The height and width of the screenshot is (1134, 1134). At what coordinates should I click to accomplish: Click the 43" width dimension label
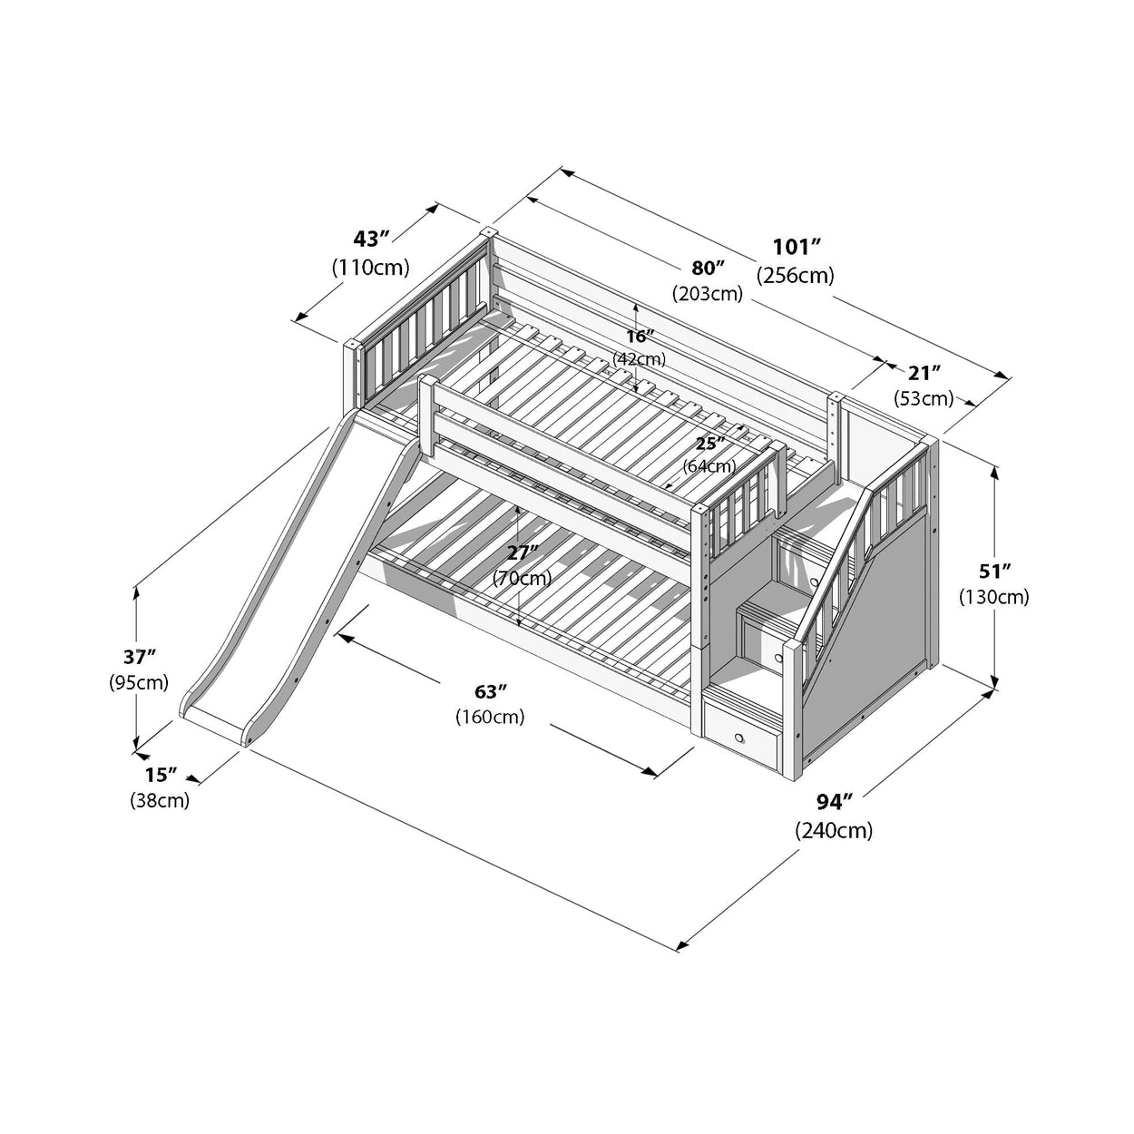pos(370,239)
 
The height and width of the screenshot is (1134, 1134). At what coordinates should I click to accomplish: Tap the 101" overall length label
pos(796,247)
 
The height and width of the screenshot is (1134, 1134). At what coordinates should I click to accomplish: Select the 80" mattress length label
pos(708,268)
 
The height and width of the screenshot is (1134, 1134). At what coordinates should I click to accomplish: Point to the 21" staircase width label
pos(924,372)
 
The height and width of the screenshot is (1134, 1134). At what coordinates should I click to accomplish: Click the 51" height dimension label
pos(993,571)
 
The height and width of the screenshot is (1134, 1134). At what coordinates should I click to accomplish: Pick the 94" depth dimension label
pos(834,801)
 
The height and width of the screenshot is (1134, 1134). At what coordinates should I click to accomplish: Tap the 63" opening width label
pos(490,690)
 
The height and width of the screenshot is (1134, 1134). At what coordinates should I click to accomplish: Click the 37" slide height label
pos(139,656)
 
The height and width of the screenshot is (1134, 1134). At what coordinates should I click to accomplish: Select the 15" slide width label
pos(160,775)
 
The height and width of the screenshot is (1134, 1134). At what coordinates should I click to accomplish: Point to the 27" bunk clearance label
pos(522,552)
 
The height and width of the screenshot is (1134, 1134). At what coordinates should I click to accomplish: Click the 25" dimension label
pos(709,443)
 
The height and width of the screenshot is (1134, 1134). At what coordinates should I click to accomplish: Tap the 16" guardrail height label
pos(640,336)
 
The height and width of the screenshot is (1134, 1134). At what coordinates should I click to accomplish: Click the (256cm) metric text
pos(796,275)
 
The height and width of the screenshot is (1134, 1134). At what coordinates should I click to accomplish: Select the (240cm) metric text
pos(834,829)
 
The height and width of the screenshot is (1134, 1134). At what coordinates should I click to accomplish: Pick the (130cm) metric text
pos(993,597)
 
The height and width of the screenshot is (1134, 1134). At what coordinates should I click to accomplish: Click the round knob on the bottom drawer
pos(741,737)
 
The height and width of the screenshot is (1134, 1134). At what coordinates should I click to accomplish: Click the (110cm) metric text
pos(370,268)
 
